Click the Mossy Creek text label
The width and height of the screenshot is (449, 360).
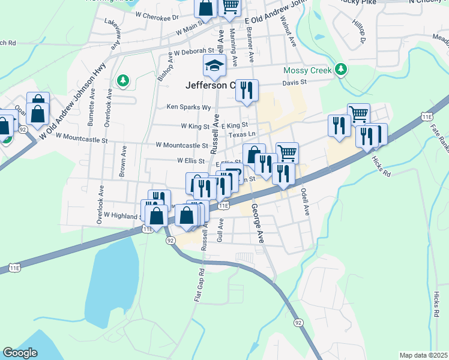pos(307,70)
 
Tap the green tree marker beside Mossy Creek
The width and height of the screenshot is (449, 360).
pos(341,70)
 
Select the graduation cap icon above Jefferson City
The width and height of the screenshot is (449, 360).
pos(214,65)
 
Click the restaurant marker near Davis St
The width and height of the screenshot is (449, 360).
pos(247,91)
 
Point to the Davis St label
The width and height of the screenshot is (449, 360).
pos(295,82)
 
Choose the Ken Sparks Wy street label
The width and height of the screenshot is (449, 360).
pos(188,107)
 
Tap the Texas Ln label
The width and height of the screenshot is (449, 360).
pos(243,134)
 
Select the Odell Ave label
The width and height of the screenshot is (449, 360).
pos(305,202)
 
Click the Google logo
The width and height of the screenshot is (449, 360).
pos(20,353)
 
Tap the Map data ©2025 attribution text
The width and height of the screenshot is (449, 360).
pos(423,355)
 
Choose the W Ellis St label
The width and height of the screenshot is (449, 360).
pos(191,160)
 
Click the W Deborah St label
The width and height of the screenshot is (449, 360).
pos(194,52)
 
